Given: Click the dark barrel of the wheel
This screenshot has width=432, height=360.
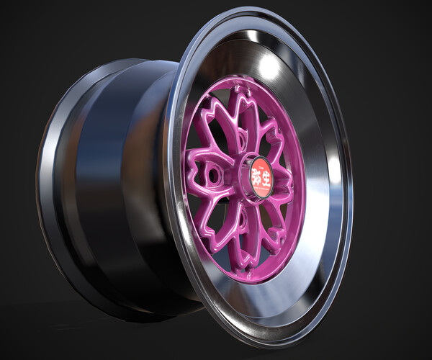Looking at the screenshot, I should click(115, 180).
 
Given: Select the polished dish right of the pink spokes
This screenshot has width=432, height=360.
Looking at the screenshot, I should click(317, 187).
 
